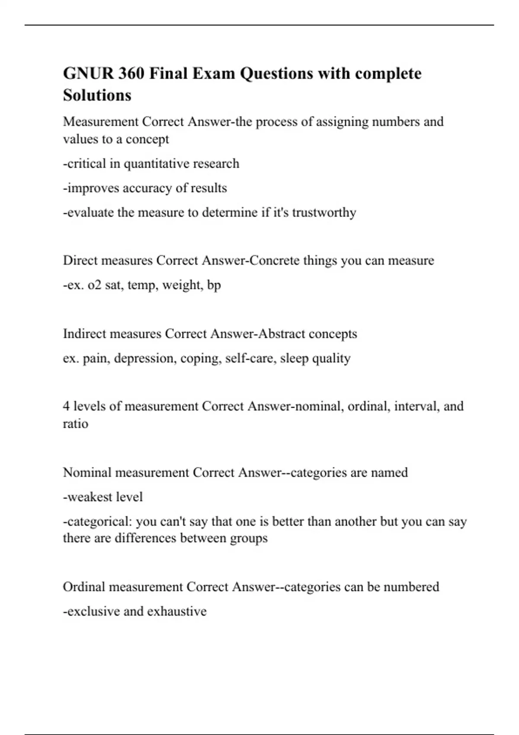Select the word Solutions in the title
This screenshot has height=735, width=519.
(97, 95)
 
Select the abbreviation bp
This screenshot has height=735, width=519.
(214, 285)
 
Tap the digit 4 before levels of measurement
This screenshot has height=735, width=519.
(66, 406)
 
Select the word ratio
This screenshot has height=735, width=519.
(75, 424)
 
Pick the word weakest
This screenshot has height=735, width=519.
(87, 497)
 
